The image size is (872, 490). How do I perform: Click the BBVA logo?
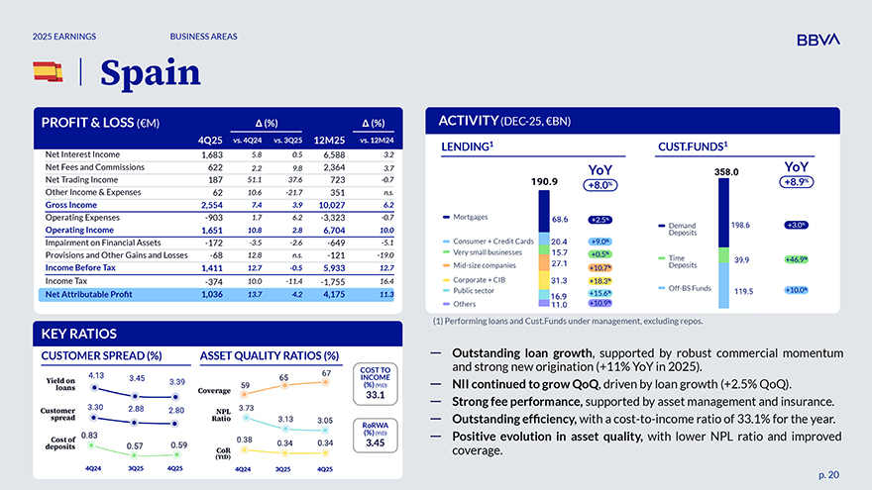[817, 39]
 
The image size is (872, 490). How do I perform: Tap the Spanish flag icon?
[48, 71]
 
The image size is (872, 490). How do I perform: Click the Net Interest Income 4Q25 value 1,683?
[211, 154]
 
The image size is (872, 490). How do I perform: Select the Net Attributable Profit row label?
[88, 295]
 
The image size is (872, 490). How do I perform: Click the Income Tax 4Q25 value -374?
[211, 281]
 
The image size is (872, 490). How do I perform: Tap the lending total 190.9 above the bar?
[545, 182]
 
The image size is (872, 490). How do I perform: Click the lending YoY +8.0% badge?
[600, 184]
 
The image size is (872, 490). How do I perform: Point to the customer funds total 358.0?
[727, 171]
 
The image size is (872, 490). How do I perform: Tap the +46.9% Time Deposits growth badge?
[796, 259]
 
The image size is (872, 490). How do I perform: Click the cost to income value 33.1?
[375, 395]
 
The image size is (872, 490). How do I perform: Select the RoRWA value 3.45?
[375, 443]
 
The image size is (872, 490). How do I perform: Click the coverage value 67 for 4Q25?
[326, 373]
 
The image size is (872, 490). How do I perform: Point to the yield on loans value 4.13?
[97, 375]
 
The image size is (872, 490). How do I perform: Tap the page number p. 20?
[828, 474]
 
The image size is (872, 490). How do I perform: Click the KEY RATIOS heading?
[79, 334]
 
